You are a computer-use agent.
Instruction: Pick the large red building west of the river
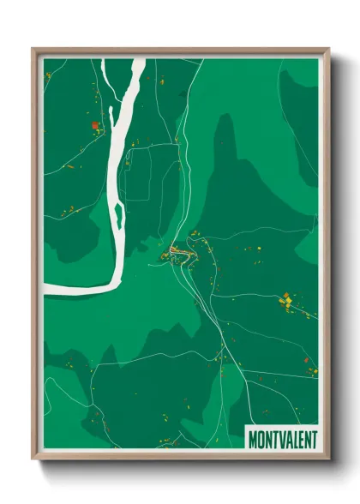[94, 126]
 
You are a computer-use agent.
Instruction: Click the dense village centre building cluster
[175, 251]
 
